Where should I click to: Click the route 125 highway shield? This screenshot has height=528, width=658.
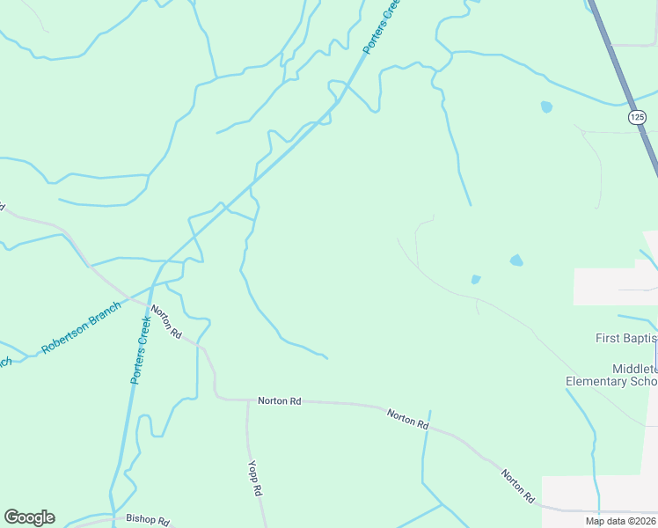(x=636, y=117)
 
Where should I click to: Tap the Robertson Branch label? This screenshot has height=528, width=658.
(x=80, y=328)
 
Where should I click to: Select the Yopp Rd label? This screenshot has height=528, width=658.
(x=256, y=478)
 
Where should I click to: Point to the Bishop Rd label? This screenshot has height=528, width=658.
(x=147, y=520)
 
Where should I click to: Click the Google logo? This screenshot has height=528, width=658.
(x=29, y=517)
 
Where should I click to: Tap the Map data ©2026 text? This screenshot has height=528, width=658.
(x=620, y=521)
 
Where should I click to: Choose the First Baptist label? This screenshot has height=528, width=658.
(x=626, y=338)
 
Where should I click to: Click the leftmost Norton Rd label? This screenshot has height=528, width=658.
(x=164, y=322)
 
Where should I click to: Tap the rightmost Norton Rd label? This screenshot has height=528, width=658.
(x=518, y=487)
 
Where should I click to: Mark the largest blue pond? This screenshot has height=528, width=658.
(x=516, y=260)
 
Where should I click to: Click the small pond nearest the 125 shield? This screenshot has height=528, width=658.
(x=546, y=107)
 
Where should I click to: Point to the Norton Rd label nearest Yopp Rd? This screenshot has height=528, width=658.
(x=280, y=401)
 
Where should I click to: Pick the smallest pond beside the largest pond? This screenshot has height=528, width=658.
(x=476, y=280)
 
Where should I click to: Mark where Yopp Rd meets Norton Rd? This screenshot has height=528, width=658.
(x=246, y=401)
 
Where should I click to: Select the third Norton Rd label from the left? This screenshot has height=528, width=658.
(x=408, y=418)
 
